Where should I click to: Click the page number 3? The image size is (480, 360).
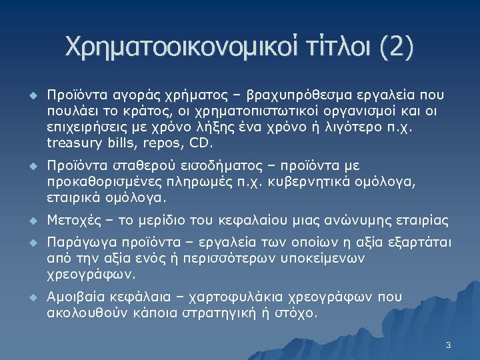pos(448,345)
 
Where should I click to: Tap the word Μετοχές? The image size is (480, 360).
pos(73,221)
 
